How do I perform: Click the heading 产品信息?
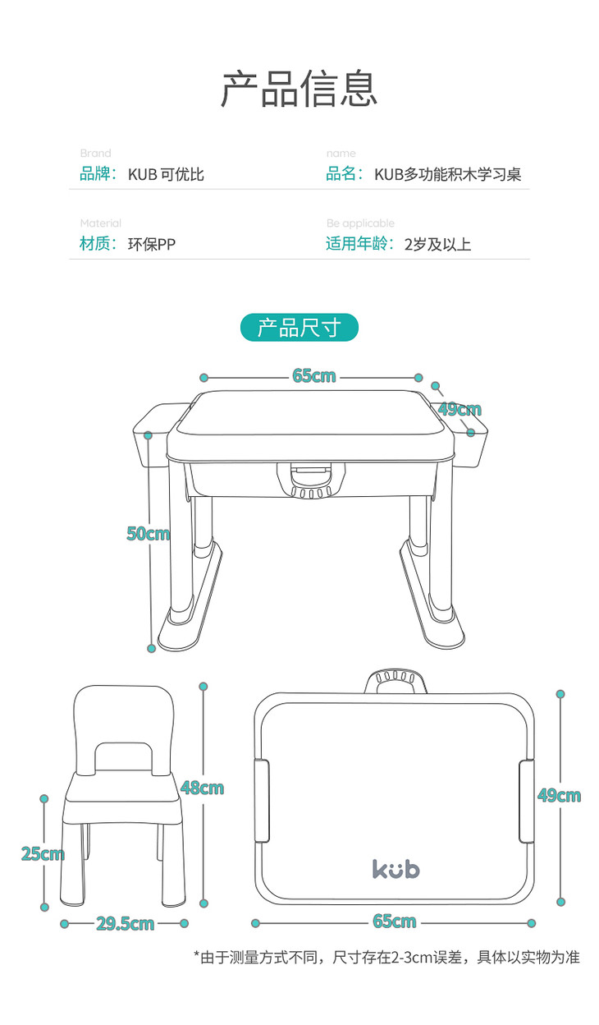coord(299,89)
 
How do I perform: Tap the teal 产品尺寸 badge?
coord(299,327)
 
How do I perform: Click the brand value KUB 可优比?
coord(166,174)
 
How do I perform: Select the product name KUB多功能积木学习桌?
coord(448,174)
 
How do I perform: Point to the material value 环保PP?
coord(151,245)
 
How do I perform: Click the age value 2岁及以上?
coord(437,245)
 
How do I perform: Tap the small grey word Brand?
coord(95,153)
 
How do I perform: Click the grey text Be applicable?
coord(360,223)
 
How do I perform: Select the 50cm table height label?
coord(149,533)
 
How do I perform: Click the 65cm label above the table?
coord(314,375)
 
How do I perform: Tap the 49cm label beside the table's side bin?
coord(460,409)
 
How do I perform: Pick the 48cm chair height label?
coord(202,788)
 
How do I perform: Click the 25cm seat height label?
coord(43,854)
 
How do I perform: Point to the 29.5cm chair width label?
coord(125,924)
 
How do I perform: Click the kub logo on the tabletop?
coord(396,869)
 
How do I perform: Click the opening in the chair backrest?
coord(123,756)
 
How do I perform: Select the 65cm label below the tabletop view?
coord(395,922)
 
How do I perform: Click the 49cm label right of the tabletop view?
coord(560,796)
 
